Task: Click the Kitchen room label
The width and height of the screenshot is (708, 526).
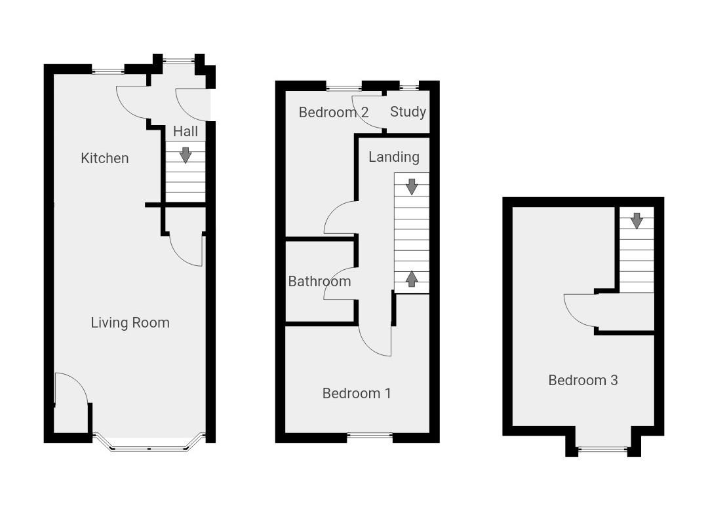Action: click(105, 158)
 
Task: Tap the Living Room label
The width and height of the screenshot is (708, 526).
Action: click(130, 322)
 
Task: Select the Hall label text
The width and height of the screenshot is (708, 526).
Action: click(186, 132)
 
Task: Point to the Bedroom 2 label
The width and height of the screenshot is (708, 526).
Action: click(333, 112)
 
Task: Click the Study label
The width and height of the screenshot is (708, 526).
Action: click(408, 111)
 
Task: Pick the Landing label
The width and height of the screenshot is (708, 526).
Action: click(393, 157)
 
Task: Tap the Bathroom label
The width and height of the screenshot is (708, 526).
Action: click(319, 281)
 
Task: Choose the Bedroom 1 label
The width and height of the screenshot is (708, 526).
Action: click(357, 393)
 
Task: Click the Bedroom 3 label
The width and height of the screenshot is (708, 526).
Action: click(583, 380)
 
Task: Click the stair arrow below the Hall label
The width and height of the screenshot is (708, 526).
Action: click(186, 155)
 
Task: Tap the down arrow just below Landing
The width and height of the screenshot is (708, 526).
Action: click(412, 186)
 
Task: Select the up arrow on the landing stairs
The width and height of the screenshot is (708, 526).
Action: click(412, 278)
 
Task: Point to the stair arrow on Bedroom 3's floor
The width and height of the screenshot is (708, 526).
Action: click(637, 221)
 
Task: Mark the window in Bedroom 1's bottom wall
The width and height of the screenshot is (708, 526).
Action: click(369, 435)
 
